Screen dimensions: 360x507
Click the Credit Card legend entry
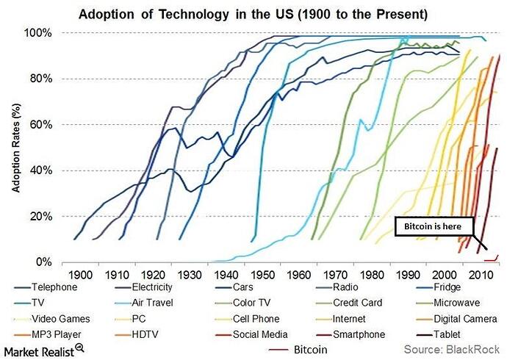coord(362,301)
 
